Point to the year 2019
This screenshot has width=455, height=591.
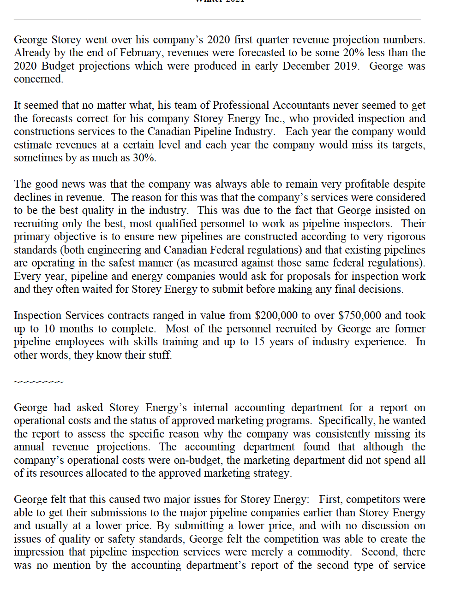(x=345, y=66)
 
